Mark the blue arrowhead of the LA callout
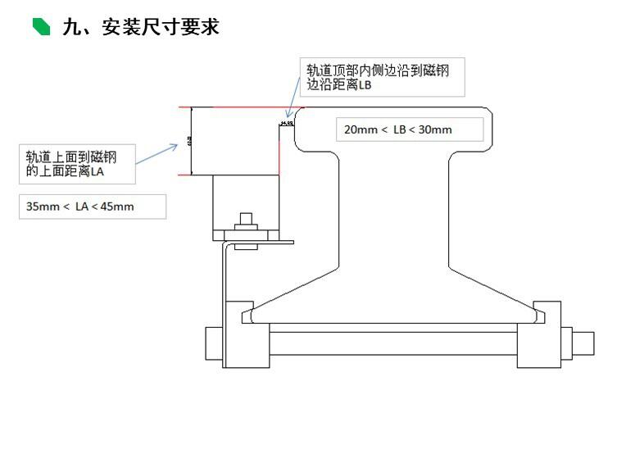[x=176, y=146]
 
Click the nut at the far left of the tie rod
[x=212, y=343]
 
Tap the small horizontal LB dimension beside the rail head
[x=287, y=123]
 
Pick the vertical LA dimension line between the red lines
[x=191, y=141]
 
